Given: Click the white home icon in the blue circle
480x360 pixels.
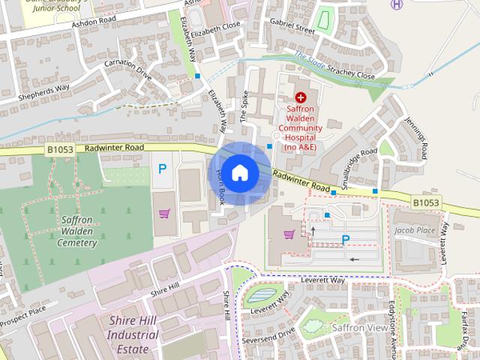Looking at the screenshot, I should (x=239, y=172).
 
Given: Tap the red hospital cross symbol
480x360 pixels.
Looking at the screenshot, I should (x=301, y=97).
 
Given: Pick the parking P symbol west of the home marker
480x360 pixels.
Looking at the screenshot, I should (x=162, y=170).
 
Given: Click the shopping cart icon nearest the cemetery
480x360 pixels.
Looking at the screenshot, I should (x=163, y=214).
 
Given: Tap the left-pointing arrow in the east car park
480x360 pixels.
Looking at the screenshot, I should (x=354, y=259).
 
